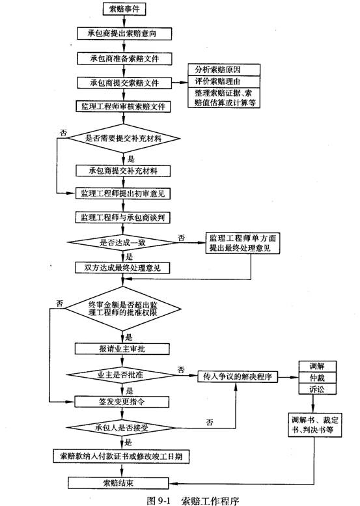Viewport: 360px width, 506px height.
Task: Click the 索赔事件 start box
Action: [124, 8]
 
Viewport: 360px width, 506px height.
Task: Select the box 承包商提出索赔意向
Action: [124, 33]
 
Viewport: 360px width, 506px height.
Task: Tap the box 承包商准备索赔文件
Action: [124, 59]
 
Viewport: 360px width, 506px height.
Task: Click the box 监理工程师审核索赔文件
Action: [123, 107]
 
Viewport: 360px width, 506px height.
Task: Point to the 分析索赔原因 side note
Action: [224, 70]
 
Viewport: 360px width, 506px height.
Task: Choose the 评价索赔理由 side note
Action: [224, 81]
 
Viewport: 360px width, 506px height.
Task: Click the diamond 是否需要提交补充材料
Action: [123, 139]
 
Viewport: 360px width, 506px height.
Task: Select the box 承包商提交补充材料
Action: [123, 171]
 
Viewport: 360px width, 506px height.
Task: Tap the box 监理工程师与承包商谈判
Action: [123, 218]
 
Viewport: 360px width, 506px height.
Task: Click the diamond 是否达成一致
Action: [122, 242]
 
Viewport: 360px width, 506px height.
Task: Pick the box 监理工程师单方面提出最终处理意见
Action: [243, 243]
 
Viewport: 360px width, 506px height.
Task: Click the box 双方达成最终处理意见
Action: [122, 268]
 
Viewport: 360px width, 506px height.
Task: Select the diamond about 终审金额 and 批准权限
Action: [123, 308]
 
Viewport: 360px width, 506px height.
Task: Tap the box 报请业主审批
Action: [122, 349]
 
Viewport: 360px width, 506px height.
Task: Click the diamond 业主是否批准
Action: [121, 375]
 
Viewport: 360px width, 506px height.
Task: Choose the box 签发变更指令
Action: [122, 402]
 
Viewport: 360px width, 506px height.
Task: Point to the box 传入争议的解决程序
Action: [238, 376]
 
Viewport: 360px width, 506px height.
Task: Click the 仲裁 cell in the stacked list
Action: [318, 378]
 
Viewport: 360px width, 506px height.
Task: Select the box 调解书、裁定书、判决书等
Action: [315, 425]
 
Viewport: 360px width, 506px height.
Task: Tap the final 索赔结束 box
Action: [118, 483]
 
